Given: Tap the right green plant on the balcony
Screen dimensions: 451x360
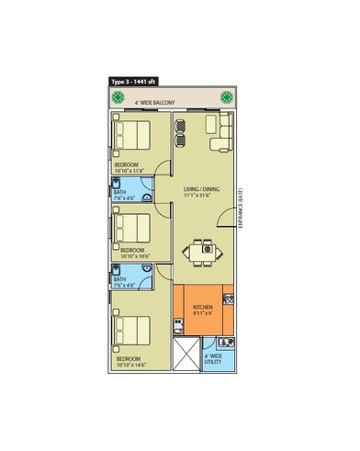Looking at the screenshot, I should (227, 97).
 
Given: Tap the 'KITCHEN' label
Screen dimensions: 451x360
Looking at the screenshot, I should (203, 306).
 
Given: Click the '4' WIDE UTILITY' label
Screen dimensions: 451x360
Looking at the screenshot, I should (212, 359).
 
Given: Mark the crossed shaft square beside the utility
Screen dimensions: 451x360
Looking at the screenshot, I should (186, 356).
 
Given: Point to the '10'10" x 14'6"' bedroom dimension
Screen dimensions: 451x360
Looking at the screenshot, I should (128, 365).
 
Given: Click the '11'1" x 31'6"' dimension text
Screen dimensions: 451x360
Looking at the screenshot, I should (201, 195).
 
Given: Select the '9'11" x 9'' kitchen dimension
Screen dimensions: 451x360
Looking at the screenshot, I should (203, 313).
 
